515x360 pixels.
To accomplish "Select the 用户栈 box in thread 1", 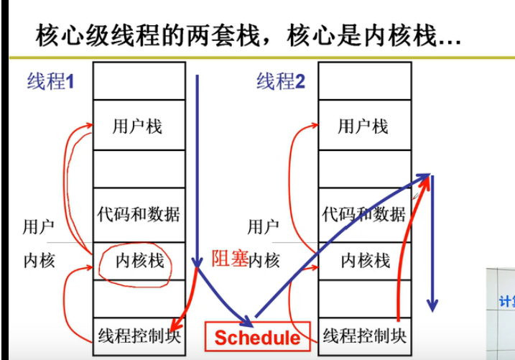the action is click(x=138, y=126).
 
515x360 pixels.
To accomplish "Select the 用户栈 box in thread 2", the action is click(x=363, y=126).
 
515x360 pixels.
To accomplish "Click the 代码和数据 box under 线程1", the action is click(x=138, y=213).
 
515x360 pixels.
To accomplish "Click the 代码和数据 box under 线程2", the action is click(x=363, y=213).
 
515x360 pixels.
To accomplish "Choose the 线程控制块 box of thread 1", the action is click(x=138, y=335).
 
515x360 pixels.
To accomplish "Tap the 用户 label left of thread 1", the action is click(x=39, y=228).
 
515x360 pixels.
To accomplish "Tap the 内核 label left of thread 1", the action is click(x=39, y=260).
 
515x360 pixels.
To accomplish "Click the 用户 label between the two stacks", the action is click(x=264, y=228).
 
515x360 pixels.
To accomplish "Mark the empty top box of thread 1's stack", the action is click(x=138, y=80).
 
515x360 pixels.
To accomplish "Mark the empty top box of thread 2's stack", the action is click(x=363, y=80).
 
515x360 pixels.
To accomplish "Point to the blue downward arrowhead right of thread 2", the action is click(x=431, y=305).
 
